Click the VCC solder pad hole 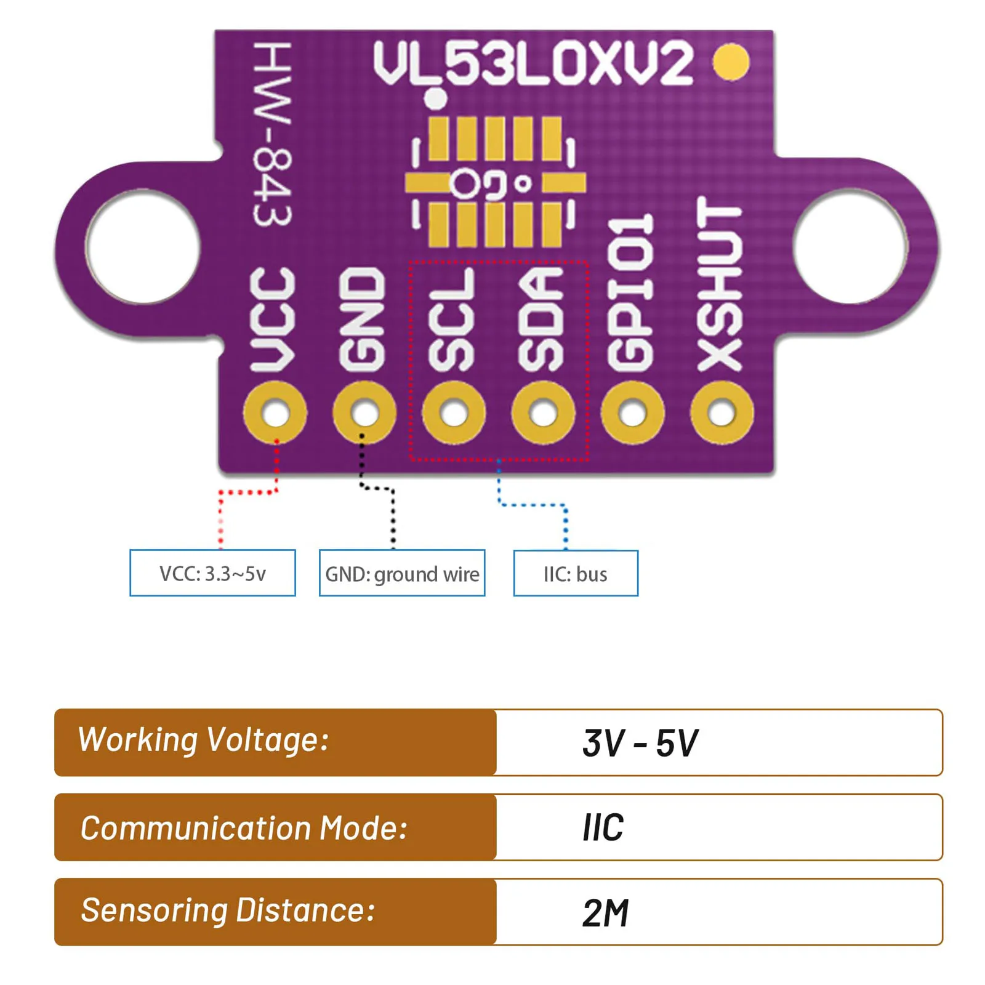[x=275, y=412]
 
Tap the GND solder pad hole [x=364, y=412]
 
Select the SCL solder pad [x=454, y=412]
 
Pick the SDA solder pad [x=543, y=412]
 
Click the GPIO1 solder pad [x=632, y=412]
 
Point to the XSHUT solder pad [x=722, y=412]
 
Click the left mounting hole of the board [x=143, y=246]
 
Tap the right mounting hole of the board [x=850, y=246]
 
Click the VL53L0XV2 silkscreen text [x=533, y=63]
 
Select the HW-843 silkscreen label [x=272, y=134]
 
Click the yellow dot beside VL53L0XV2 [x=731, y=62]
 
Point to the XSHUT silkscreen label [x=720, y=284]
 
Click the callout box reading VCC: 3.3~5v [x=212, y=573]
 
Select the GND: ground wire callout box [x=402, y=573]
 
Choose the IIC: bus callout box [x=576, y=573]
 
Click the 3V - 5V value [x=640, y=742]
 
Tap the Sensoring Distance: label [x=228, y=911]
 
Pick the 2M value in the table [x=606, y=912]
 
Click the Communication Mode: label [x=244, y=827]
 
